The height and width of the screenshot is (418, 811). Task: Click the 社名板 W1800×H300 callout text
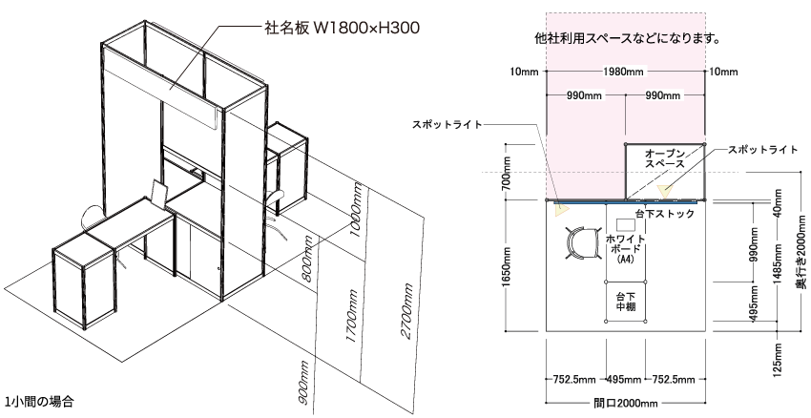coord(342,28)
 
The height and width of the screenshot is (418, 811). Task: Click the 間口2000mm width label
coord(625,403)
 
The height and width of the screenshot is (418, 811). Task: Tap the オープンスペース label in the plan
coord(665,158)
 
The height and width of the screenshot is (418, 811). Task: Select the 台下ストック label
coord(665,214)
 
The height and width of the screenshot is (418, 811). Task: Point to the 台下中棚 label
coord(625,302)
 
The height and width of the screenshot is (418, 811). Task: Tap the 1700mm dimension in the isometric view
coord(352,316)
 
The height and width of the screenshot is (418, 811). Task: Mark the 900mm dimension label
coord(304,383)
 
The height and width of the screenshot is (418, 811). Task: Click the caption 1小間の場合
coord(39,402)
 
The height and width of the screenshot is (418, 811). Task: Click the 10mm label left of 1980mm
coord(524,72)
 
